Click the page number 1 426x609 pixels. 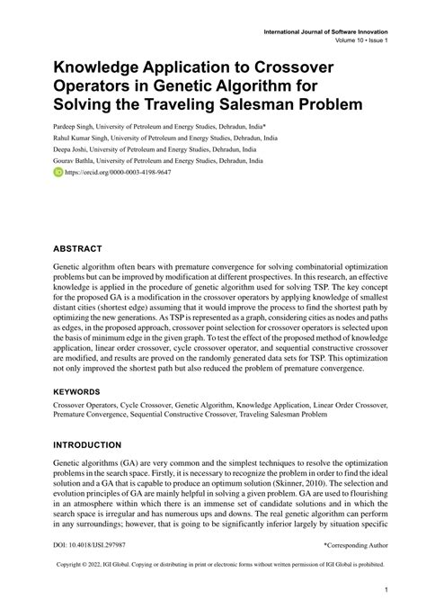[x=386, y=589]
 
